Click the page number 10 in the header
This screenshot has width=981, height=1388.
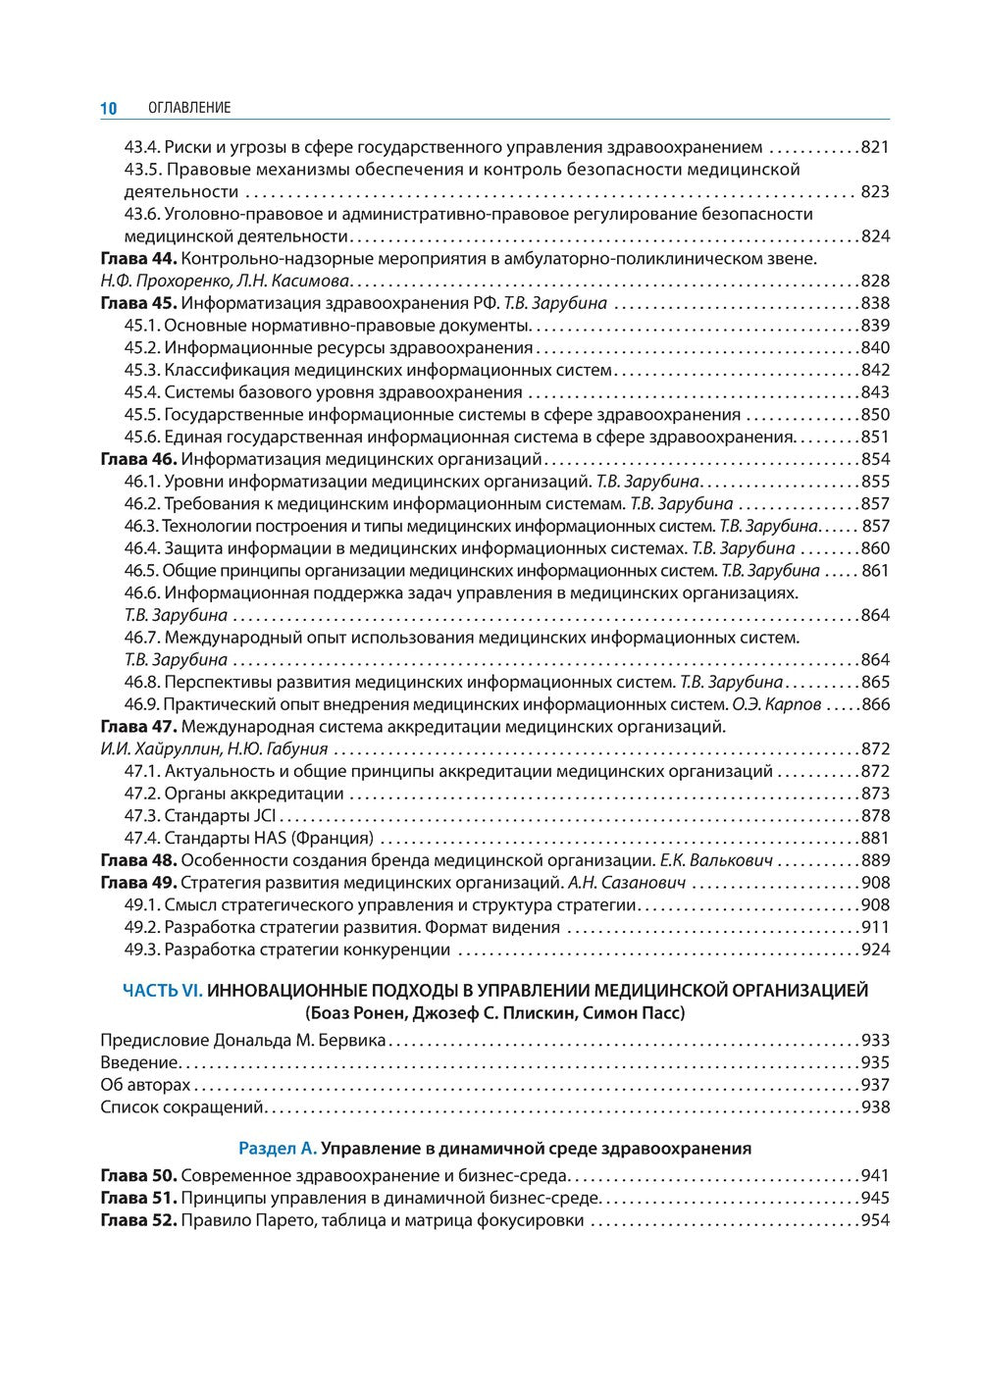coord(108,108)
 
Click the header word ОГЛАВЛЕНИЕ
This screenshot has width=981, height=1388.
coord(188,108)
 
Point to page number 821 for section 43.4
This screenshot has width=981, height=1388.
coord(874,147)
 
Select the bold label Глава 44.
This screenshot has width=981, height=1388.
coord(138,259)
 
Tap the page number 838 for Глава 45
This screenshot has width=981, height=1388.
coord(874,303)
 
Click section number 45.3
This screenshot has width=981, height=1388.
coord(141,370)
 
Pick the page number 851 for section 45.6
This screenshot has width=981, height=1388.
coord(874,437)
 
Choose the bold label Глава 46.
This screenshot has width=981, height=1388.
coord(138,459)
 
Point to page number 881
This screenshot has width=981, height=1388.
coord(874,838)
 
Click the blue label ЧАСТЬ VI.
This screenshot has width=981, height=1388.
coord(162,991)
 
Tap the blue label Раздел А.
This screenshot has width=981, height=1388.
coord(278,1148)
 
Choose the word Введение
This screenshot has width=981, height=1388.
coord(139,1062)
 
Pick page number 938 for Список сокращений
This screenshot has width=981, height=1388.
coord(874,1106)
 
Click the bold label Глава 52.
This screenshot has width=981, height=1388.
coord(138,1220)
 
